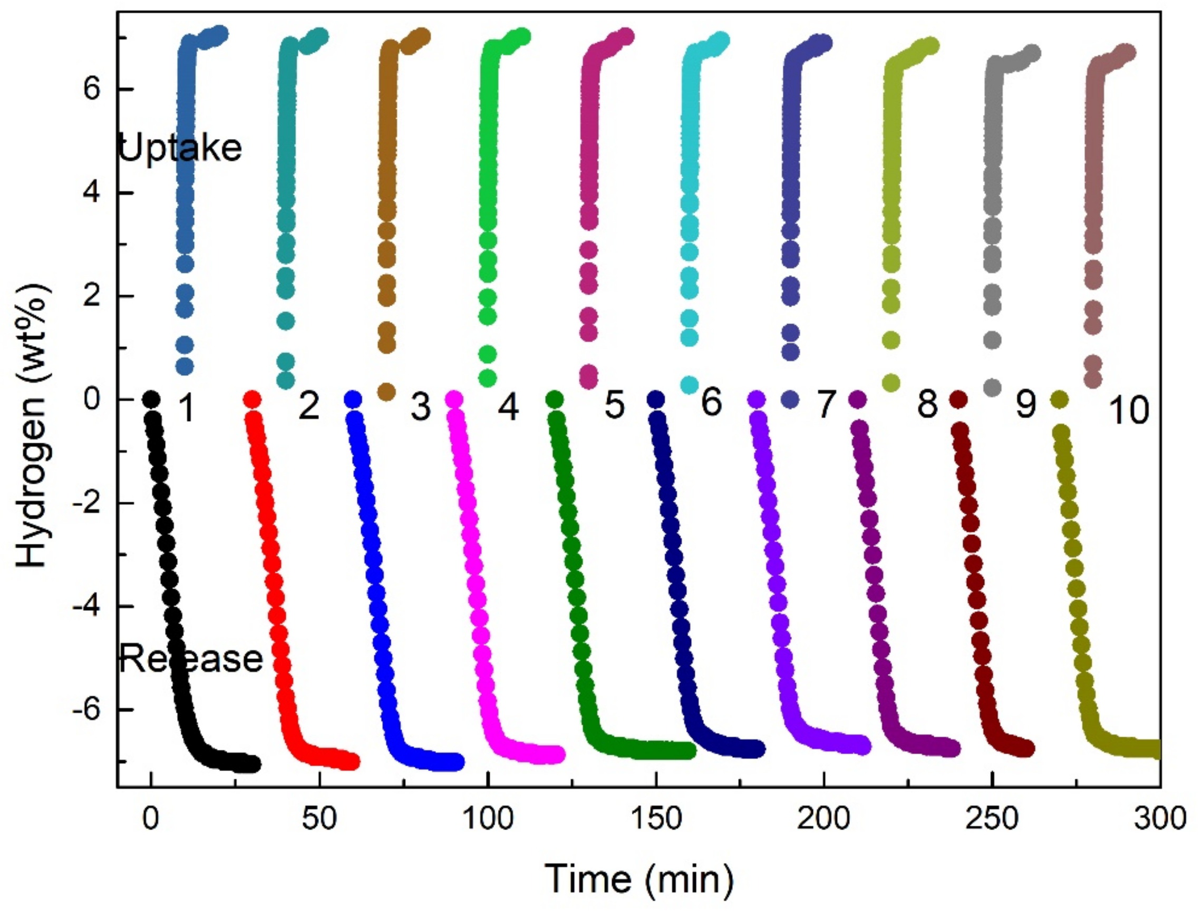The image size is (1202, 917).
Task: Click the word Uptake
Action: [x=180, y=148]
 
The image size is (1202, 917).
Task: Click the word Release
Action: [x=190, y=658]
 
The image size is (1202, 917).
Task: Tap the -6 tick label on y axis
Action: [x=86, y=710]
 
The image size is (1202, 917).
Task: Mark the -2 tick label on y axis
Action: [x=86, y=503]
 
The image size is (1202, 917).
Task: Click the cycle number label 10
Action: [x=1128, y=411]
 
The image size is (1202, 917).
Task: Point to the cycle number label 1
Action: [x=187, y=408]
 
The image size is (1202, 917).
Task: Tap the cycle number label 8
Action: [x=927, y=405]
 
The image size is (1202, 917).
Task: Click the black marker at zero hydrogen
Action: [x=151, y=399]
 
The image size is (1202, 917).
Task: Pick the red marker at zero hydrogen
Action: [x=251, y=399]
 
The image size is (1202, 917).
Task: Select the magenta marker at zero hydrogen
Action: [x=454, y=399]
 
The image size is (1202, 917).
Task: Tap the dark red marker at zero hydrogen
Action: [x=958, y=399]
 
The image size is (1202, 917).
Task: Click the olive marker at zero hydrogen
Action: [x=1059, y=399]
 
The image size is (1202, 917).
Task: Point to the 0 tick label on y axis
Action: [x=92, y=399]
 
